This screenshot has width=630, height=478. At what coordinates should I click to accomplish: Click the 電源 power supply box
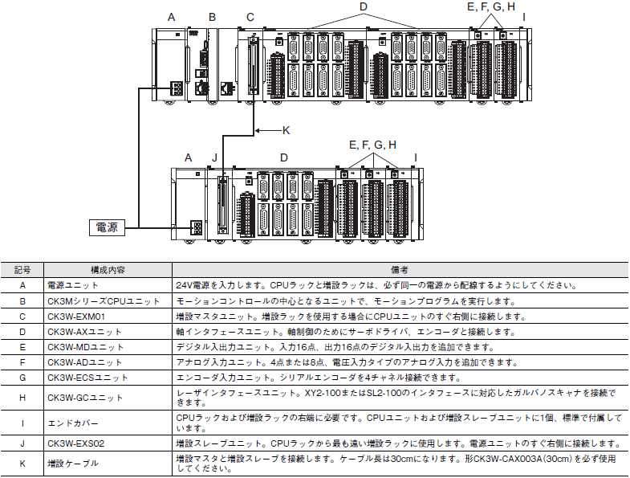(107, 227)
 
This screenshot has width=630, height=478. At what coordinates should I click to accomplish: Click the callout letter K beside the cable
(286, 130)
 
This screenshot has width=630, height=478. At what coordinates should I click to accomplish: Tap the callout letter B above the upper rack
(212, 18)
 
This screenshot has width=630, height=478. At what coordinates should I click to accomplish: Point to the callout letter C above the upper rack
(250, 18)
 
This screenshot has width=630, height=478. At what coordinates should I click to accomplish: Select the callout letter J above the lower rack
(214, 157)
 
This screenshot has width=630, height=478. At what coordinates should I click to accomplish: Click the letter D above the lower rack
(284, 157)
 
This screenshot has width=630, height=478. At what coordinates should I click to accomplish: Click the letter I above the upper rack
(524, 18)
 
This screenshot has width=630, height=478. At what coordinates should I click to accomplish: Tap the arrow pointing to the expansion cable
(268, 130)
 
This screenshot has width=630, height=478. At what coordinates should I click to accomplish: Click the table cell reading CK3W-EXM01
(76, 317)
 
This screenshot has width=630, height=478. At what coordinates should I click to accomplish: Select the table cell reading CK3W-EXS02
(76, 443)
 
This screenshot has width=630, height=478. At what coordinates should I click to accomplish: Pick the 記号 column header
(22, 270)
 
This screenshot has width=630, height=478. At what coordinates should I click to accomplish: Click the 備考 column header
(400, 270)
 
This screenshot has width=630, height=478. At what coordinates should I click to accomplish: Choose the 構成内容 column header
(108, 270)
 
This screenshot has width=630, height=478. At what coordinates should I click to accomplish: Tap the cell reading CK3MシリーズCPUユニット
(104, 301)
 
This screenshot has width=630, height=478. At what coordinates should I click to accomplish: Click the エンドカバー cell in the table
(73, 423)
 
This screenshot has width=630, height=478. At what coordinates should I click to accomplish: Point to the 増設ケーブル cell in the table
(73, 464)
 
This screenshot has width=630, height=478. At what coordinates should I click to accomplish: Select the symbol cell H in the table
(22, 398)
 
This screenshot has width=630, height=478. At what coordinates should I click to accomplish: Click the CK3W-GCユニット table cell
(85, 398)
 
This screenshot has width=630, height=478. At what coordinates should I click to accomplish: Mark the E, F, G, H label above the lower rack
(373, 145)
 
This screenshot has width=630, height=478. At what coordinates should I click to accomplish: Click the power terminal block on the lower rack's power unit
(197, 227)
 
